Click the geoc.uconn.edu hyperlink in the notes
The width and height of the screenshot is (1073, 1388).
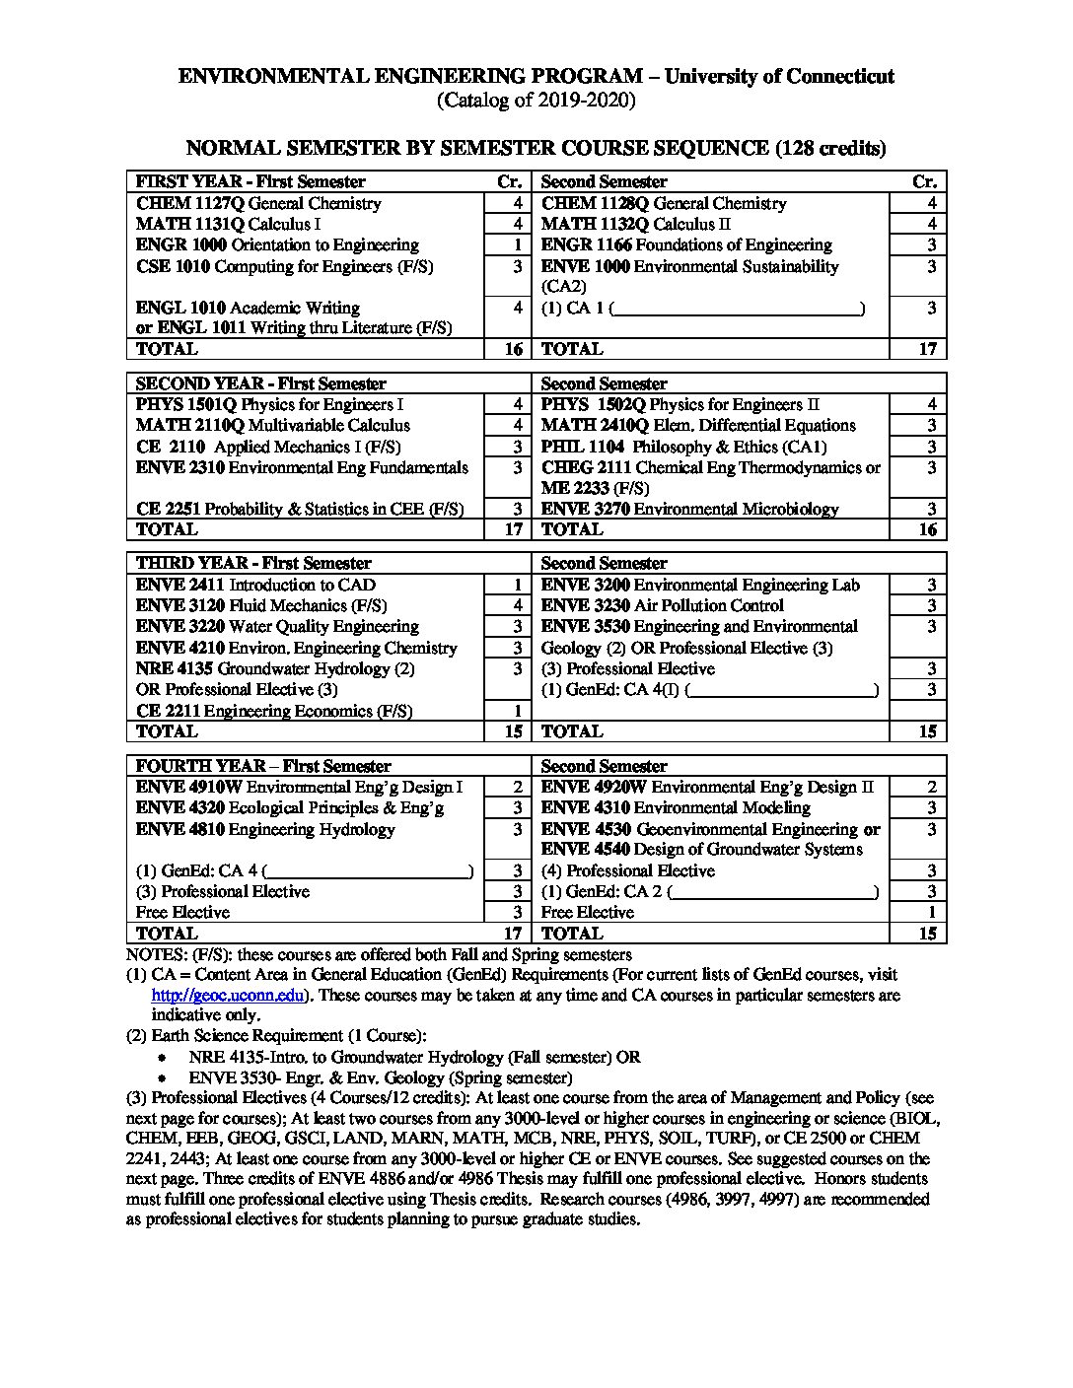click(x=227, y=996)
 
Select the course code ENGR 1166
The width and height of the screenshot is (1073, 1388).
click(x=586, y=245)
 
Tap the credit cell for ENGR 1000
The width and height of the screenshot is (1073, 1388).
click(x=508, y=245)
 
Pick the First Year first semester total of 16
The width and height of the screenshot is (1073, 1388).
click(x=513, y=349)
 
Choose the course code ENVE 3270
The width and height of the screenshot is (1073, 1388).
click(x=585, y=510)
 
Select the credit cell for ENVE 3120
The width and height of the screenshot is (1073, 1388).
click(x=508, y=606)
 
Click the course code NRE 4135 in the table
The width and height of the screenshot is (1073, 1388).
click(x=175, y=669)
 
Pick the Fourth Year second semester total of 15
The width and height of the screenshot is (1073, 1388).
click(x=927, y=934)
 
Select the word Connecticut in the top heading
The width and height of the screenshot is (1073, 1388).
click(x=834, y=77)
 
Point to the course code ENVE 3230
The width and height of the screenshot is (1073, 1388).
click(x=586, y=606)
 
